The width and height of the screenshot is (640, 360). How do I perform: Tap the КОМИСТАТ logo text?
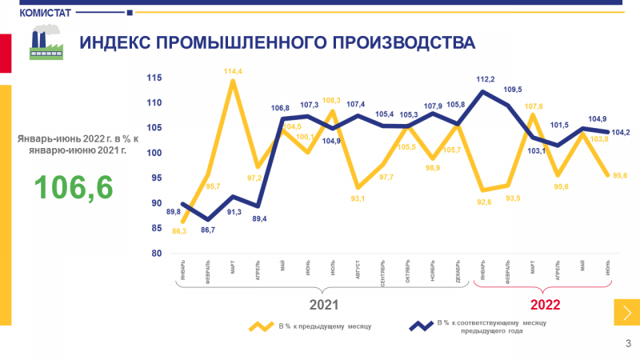click(x=45, y=12)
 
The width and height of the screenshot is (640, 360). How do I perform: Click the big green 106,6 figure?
click(x=74, y=187)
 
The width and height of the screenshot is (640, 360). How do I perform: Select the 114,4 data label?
click(x=234, y=71)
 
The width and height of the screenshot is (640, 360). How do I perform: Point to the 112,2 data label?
click(x=486, y=79)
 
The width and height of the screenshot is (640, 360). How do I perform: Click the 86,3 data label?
click(x=179, y=230)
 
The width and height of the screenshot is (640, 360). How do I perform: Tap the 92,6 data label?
click(x=482, y=202)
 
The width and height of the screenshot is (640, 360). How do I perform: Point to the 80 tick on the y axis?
click(x=157, y=254)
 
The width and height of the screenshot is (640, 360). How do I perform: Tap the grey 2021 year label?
click(x=324, y=305)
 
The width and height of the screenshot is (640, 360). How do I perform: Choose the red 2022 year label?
click(x=545, y=305)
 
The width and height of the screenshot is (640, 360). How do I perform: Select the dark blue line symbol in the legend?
click(x=421, y=326)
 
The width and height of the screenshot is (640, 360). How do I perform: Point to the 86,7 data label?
click(x=207, y=230)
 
